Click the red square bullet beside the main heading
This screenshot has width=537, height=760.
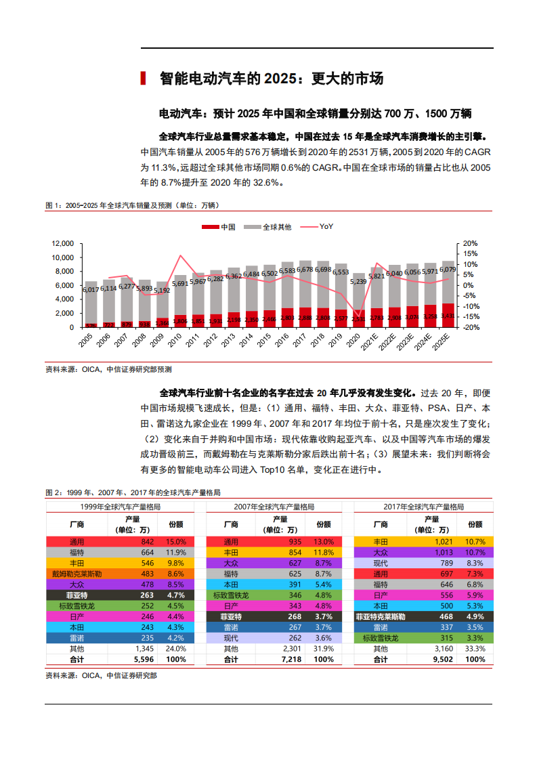[x=143, y=79]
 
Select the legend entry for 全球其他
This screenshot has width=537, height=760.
[x=270, y=227]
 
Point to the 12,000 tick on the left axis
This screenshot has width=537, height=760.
[x=62, y=243]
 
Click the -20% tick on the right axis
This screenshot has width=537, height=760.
[x=469, y=327]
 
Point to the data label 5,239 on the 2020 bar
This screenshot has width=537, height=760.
[x=359, y=281]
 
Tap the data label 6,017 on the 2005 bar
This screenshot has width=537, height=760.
[x=90, y=289]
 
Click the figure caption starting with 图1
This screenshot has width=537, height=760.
[x=132, y=205]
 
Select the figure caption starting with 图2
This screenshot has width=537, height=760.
[x=133, y=492]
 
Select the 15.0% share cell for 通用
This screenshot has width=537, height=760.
[x=175, y=542]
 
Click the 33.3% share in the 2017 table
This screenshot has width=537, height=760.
[x=475, y=649]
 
